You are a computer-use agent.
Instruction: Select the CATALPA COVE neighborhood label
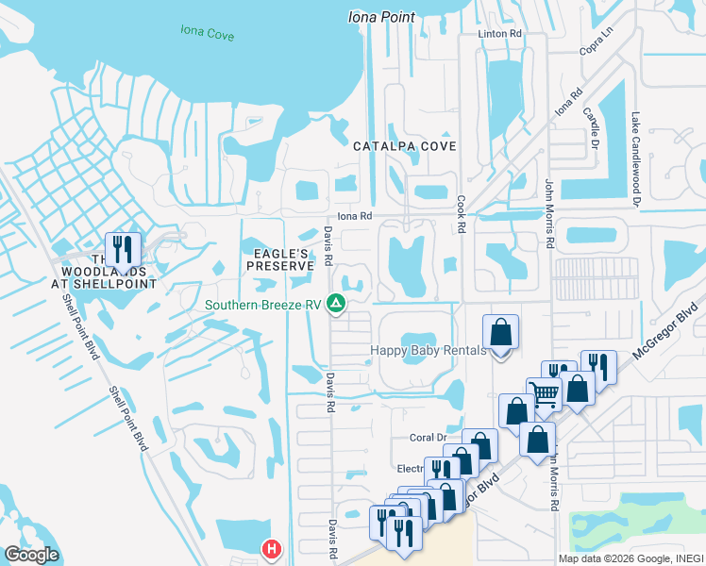[405, 146]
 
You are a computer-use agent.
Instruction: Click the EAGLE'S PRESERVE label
[279, 259]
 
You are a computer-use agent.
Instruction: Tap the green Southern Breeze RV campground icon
[335, 304]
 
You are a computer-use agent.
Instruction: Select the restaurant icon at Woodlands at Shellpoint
[123, 250]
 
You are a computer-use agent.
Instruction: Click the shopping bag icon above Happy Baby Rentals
[501, 333]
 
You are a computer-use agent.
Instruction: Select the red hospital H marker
[272, 548]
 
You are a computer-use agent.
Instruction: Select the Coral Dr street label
[427, 438]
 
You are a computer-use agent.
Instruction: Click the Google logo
[31, 555]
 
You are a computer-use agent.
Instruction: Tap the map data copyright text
[630, 558]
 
